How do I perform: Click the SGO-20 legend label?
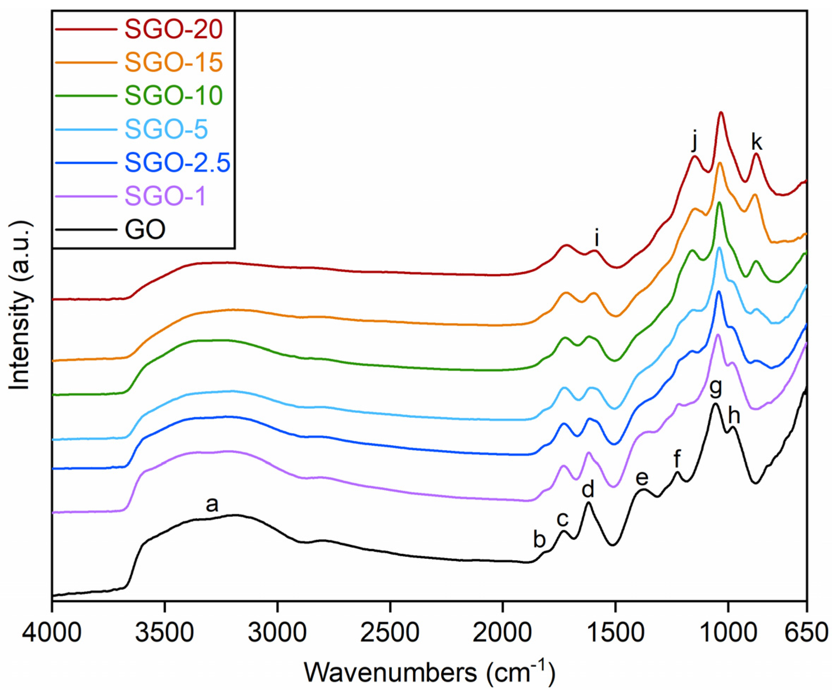click(173, 30)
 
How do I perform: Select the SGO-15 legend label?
click(173, 63)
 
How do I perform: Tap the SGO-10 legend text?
click(173, 96)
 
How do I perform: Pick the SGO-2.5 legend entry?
click(177, 162)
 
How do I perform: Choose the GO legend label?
click(145, 230)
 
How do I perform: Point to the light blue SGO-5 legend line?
click(87, 129)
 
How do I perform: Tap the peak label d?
click(588, 490)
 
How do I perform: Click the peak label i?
click(597, 239)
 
